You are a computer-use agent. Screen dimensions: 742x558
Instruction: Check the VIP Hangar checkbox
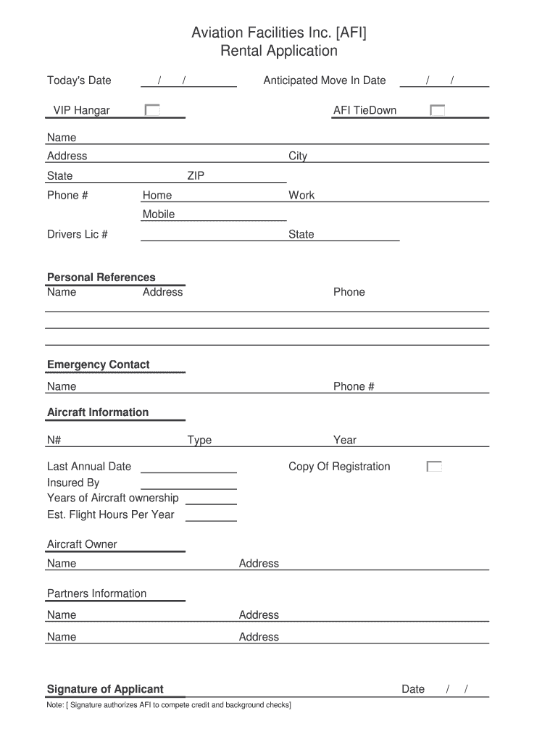pyautogui.click(x=152, y=110)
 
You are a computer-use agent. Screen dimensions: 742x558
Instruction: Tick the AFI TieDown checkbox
pyautogui.click(x=437, y=110)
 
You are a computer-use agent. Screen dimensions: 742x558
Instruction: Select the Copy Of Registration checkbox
pyautogui.click(x=434, y=467)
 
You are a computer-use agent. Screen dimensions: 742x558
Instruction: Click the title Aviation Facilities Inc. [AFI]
pyautogui.click(x=278, y=32)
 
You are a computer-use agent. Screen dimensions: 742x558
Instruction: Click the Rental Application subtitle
pyautogui.click(x=278, y=51)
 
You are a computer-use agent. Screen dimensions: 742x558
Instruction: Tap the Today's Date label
pyautogui.click(x=79, y=80)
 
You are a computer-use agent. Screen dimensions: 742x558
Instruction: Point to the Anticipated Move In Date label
pyautogui.click(x=324, y=80)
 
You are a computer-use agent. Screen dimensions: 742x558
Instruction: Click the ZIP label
pyautogui.click(x=196, y=175)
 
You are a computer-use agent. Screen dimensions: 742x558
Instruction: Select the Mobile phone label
pyautogui.click(x=159, y=214)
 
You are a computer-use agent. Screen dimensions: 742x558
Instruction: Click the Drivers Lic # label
pyautogui.click(x=78, y=234)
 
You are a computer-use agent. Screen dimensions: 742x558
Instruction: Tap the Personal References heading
pyautogui.click(x=101, y=277)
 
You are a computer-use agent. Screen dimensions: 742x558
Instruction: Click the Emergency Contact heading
pyautogui.click(x=98, y=364)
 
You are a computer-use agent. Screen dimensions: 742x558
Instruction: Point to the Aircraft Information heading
pyautogui.click(x=98, y=412)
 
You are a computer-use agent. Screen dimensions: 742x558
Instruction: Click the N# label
pyautogui.click(x=54, y=440)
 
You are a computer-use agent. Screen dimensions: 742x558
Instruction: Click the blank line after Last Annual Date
pyautogui.click(x=188, y=467)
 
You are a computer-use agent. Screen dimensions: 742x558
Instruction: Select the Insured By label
pyautogui.click(x=73, y=483)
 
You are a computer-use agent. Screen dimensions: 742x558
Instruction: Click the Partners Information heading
pyautogui.click(x=96, y=593)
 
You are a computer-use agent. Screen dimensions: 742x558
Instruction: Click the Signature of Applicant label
pyautogui.click(x=105, y=689)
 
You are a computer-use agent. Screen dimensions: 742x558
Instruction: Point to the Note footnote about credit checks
pyautogui.click(x=169, y=705)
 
